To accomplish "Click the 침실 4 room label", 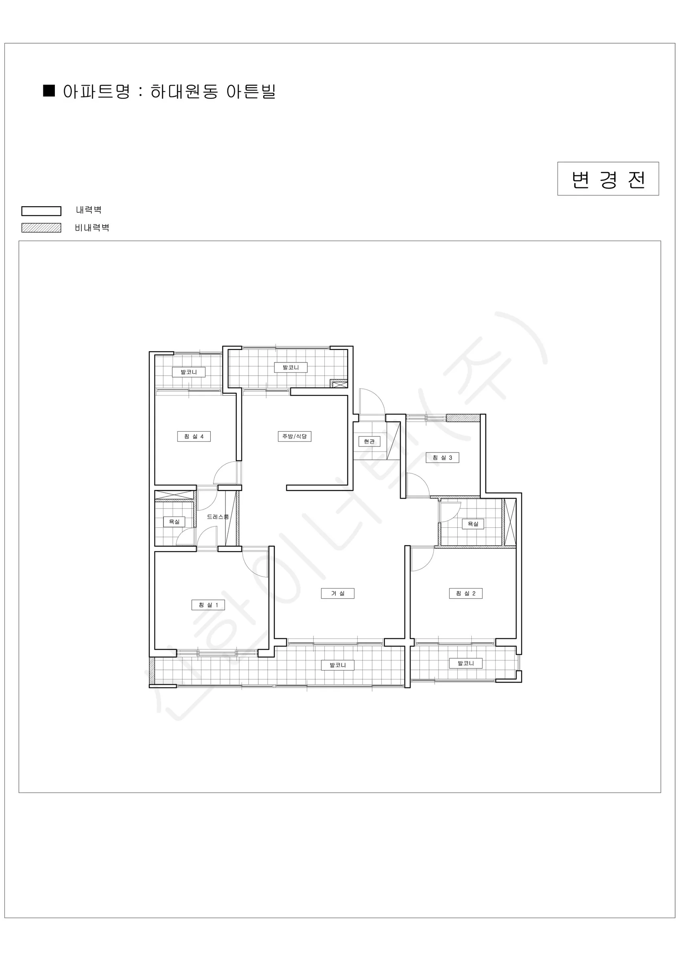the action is coord(194,436).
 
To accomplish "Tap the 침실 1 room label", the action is coord(208,605).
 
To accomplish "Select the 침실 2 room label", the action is coord(466,593).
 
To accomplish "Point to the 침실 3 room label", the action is coord(443,458).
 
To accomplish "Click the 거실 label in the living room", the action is coord(338,593).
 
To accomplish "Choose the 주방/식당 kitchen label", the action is coord(294,436).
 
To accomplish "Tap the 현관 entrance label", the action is coord(369,442).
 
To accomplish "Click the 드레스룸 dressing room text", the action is coord(218,517).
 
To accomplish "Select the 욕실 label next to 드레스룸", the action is coord(174,521).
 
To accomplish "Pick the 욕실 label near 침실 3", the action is coord(473,524).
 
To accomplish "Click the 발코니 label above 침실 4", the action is coord(189,372).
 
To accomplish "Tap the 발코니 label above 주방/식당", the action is coord(291,368).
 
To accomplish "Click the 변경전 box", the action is coord(608,179).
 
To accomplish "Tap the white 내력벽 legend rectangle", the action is coord(42,211).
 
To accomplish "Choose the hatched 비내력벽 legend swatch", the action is coord(42,228).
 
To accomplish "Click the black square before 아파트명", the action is coord(49,90).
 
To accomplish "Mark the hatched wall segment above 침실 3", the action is coord(463,418).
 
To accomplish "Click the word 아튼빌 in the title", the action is coord(251,91).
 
